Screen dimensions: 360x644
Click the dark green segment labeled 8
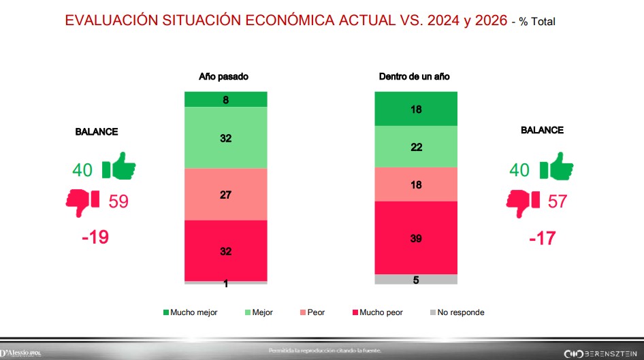pyautogui.click(x=226, y=99)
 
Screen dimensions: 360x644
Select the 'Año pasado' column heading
pyautogui.click(x=223, y=77)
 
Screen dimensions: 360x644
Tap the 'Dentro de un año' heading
pyautogui.click(x=414, y=77)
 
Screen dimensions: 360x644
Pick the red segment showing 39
pyautogui.click(x=416, y=238)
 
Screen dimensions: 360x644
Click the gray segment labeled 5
pyautogui.click(x=416, y=279)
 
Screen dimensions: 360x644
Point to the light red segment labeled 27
pyautogui.click(x=226, y=195)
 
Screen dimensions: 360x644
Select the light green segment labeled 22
pyautogui.click(x=416, y=146)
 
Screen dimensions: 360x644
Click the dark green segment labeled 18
pyautogui.click(x=416, y=109)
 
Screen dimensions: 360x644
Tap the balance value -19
pyautogui.click(x=95, y=237)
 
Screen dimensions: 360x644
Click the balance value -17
pyautogui.click(x=542, y=238)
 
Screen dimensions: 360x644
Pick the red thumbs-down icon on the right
pyautogui.click(x=523, y=200)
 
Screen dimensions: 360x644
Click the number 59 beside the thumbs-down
pyautogui.click(x=118, y=201)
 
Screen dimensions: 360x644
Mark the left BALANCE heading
pyautogui.click(x=96, y=132)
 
